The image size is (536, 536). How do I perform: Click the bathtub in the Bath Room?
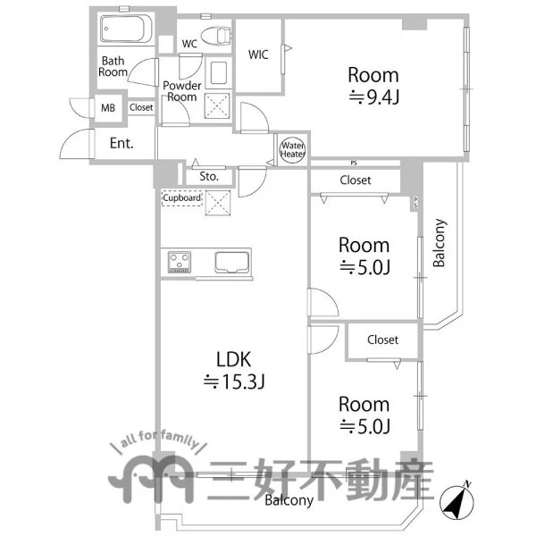coord(126,29)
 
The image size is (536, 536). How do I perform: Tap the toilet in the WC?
coord(216,35)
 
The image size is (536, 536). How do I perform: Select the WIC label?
coord(258,54)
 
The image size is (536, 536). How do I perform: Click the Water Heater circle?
coord(293,150)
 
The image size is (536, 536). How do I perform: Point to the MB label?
coord(108,108)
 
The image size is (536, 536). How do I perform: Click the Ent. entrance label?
coord(121,143)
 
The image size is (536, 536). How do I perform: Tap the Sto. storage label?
coord(209,176)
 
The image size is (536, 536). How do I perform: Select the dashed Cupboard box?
coord(182,198)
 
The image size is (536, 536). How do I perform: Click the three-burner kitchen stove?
coord(180,262)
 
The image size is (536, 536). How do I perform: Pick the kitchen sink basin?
coord(231,262)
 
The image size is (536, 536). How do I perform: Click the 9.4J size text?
coord(374,97)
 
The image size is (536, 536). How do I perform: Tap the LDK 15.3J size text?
coord(234,381)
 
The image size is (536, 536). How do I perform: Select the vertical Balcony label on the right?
coord(439,242)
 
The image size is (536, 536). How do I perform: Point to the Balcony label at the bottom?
coord(289,500)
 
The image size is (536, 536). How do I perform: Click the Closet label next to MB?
coord(141,107)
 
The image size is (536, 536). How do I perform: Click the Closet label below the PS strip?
coord(356,180)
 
